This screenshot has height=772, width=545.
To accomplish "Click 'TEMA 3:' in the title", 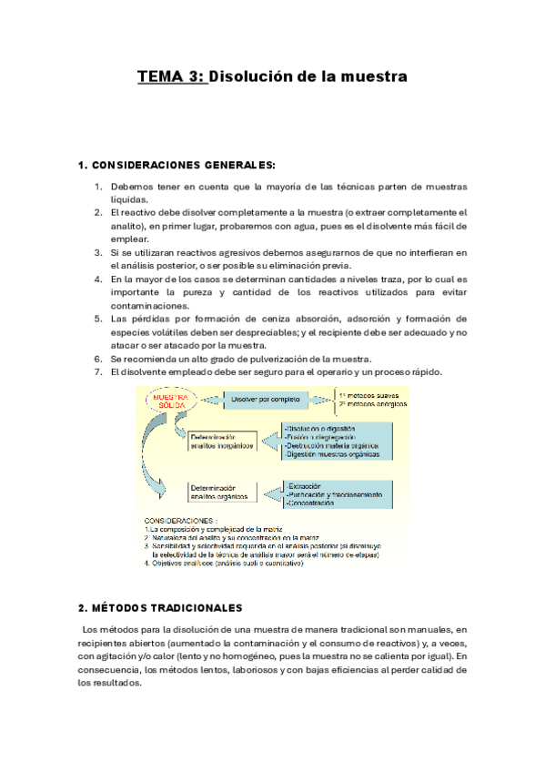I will (x=172, y=77).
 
